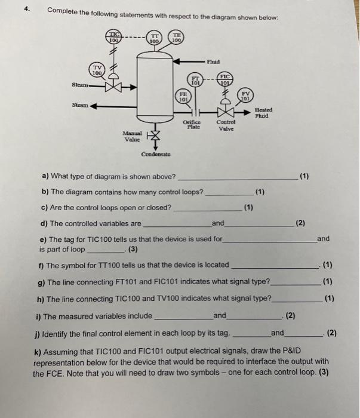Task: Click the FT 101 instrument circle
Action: tap(196, 79)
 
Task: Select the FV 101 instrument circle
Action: tap(245, 96)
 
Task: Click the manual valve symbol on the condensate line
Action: tap(154, 136)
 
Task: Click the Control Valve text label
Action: tap(226, 124)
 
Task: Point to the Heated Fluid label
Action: tap(263, 112)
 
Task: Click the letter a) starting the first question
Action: tap(45, 176)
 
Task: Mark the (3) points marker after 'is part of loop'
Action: tap(133, 249)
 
